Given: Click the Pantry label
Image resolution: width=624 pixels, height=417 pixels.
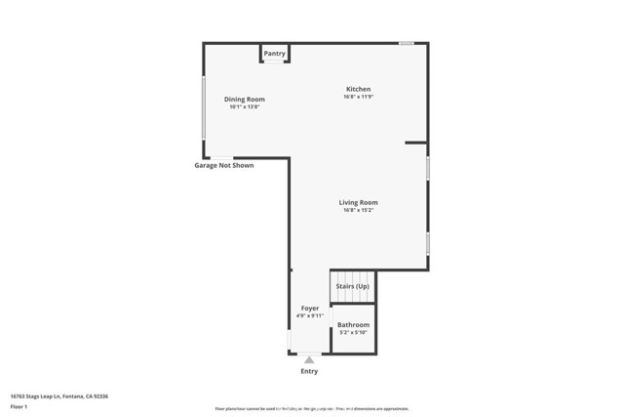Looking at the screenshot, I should point(274,54).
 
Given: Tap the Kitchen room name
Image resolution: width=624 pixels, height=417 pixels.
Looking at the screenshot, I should point(358,89).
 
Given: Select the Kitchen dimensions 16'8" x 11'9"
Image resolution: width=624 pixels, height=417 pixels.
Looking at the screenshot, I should point(358,97).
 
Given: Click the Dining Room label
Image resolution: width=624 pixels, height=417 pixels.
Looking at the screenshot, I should point(244,99).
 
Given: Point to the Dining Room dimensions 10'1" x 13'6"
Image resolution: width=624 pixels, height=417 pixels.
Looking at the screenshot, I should point(244,106).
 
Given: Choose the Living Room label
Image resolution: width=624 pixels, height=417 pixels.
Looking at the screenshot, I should point(358,202).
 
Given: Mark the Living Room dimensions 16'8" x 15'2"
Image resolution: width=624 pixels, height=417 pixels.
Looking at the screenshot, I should point(358,210).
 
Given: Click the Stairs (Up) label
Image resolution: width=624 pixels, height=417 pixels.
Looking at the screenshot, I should point(353,286).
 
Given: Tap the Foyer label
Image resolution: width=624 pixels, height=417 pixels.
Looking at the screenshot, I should point(309,308).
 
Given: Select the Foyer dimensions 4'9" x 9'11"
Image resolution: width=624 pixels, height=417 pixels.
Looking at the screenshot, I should point(309,315).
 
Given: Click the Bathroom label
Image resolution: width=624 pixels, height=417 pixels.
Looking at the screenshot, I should point(353,324).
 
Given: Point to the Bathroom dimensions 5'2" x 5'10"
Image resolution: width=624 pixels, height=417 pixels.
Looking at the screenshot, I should point(353,332).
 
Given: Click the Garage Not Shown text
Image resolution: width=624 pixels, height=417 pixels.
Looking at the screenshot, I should point(223,166).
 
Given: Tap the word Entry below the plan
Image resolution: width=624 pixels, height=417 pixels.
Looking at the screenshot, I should point(309,371).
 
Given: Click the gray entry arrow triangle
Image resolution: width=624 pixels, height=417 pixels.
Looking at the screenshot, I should point(309,359).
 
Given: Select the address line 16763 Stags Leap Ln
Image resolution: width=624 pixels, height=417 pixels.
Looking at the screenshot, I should point(58,396).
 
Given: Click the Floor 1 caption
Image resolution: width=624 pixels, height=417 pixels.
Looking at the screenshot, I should point(19,406).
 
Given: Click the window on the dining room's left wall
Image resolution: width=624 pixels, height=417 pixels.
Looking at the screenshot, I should point(204,106).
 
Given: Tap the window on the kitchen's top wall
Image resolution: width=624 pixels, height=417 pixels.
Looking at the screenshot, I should point(406,43).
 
